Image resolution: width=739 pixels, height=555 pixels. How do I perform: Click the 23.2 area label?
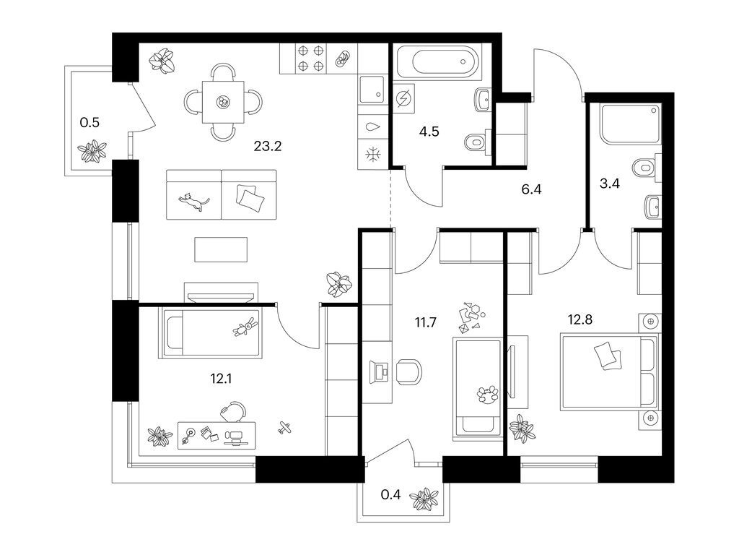pos(267,146)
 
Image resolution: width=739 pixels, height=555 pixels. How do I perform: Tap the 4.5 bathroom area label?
pos(429,132)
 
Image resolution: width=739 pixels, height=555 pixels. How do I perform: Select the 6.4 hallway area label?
pos(531,190)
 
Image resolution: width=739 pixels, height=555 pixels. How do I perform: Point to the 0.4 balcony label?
pos(390,494)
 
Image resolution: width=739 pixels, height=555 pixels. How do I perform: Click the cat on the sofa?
pos(193,201)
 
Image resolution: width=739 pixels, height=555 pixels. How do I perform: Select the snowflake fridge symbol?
pos(373,154)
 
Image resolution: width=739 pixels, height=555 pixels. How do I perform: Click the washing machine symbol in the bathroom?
pos(403,99)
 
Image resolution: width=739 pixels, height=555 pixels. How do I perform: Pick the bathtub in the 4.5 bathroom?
pos(438,61)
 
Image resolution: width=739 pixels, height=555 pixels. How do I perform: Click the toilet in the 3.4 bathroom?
pos(645,168)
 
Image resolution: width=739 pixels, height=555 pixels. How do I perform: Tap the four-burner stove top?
pos(310,58)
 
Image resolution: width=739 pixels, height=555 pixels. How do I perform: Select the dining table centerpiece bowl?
pos(222,101)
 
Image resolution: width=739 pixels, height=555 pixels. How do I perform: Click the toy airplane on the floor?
pos(284,427)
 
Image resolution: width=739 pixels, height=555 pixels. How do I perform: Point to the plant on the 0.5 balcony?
pos(92,151)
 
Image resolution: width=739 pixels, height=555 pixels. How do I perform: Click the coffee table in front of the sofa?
pos(221,249)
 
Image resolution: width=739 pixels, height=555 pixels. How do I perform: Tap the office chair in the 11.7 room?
pos(408,371)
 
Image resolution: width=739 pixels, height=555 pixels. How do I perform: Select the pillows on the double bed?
pos(608,356)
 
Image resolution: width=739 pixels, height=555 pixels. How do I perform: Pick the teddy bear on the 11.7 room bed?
pos(487,394)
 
